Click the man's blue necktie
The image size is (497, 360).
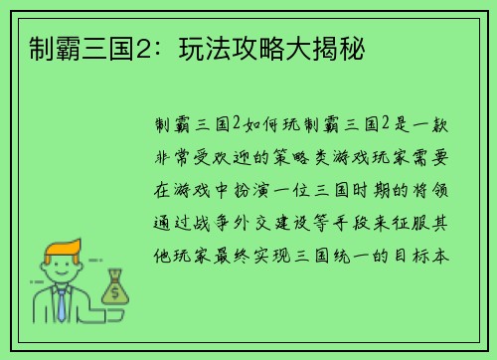coord(62,304)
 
